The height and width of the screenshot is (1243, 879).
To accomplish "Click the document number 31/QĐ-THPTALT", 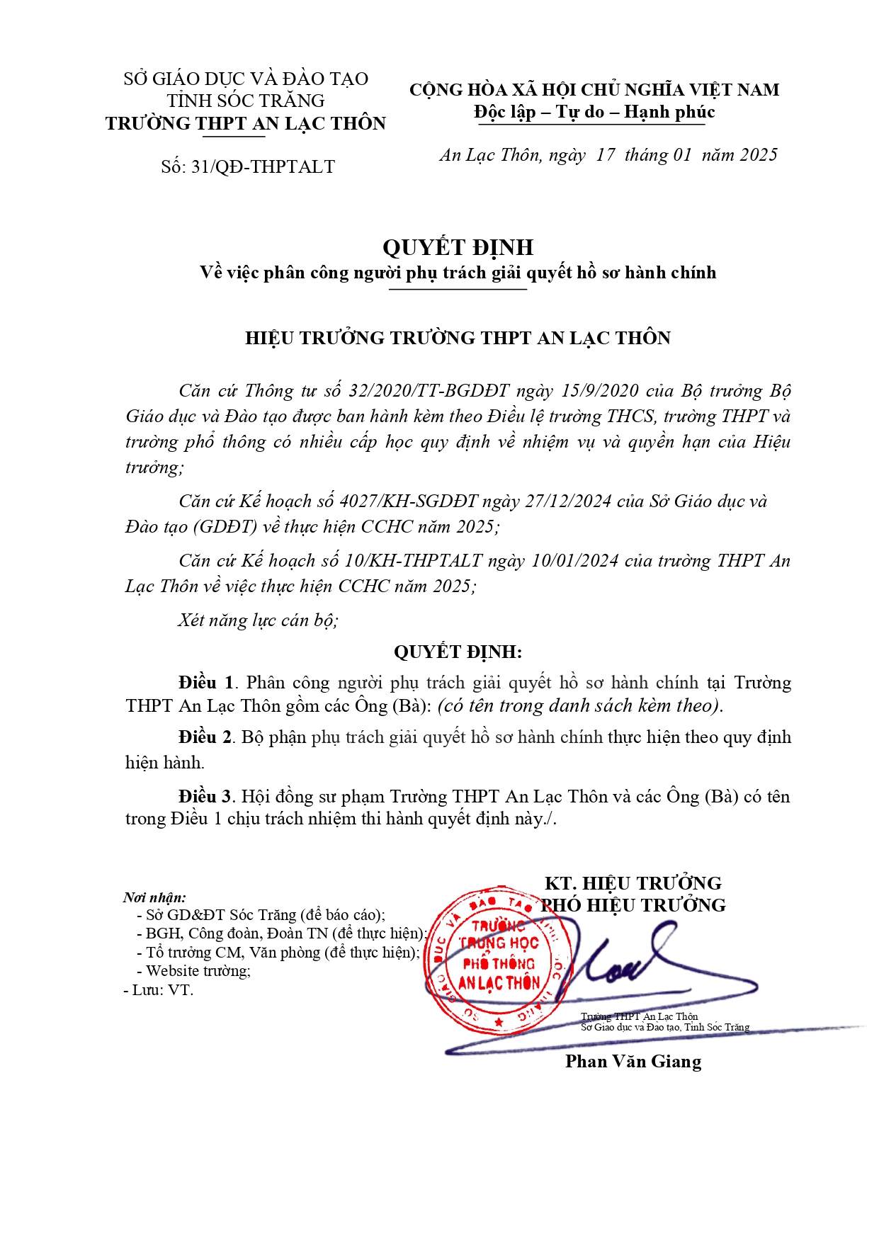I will tap(263, 167).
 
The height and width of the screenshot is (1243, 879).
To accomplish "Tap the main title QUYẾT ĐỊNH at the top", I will tap(458, 247).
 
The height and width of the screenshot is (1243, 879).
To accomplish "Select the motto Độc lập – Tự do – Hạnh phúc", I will tap(594, 113).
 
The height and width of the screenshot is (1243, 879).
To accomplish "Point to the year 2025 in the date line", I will tap(759, 155).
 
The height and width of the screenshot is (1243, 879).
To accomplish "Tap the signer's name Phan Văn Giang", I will tap(633, 1062).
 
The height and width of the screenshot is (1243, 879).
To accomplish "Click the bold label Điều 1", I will tap(205, 683).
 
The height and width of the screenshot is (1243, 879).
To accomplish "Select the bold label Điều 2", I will tap(205, 737).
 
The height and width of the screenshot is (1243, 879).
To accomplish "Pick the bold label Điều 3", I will tap(205, 797).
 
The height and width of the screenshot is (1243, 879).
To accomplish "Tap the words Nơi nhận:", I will tap(154, 897).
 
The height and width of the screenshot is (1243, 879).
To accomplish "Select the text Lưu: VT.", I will tap(162, 990).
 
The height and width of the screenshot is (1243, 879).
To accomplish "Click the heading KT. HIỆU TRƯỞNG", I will tap(633, 883).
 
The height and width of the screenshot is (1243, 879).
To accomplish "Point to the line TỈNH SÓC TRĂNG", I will tap(246, 101).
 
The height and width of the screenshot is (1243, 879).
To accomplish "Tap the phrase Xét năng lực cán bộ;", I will tap(258, 620).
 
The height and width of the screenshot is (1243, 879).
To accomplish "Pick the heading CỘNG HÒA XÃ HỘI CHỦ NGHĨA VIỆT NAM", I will tap(594, 90).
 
